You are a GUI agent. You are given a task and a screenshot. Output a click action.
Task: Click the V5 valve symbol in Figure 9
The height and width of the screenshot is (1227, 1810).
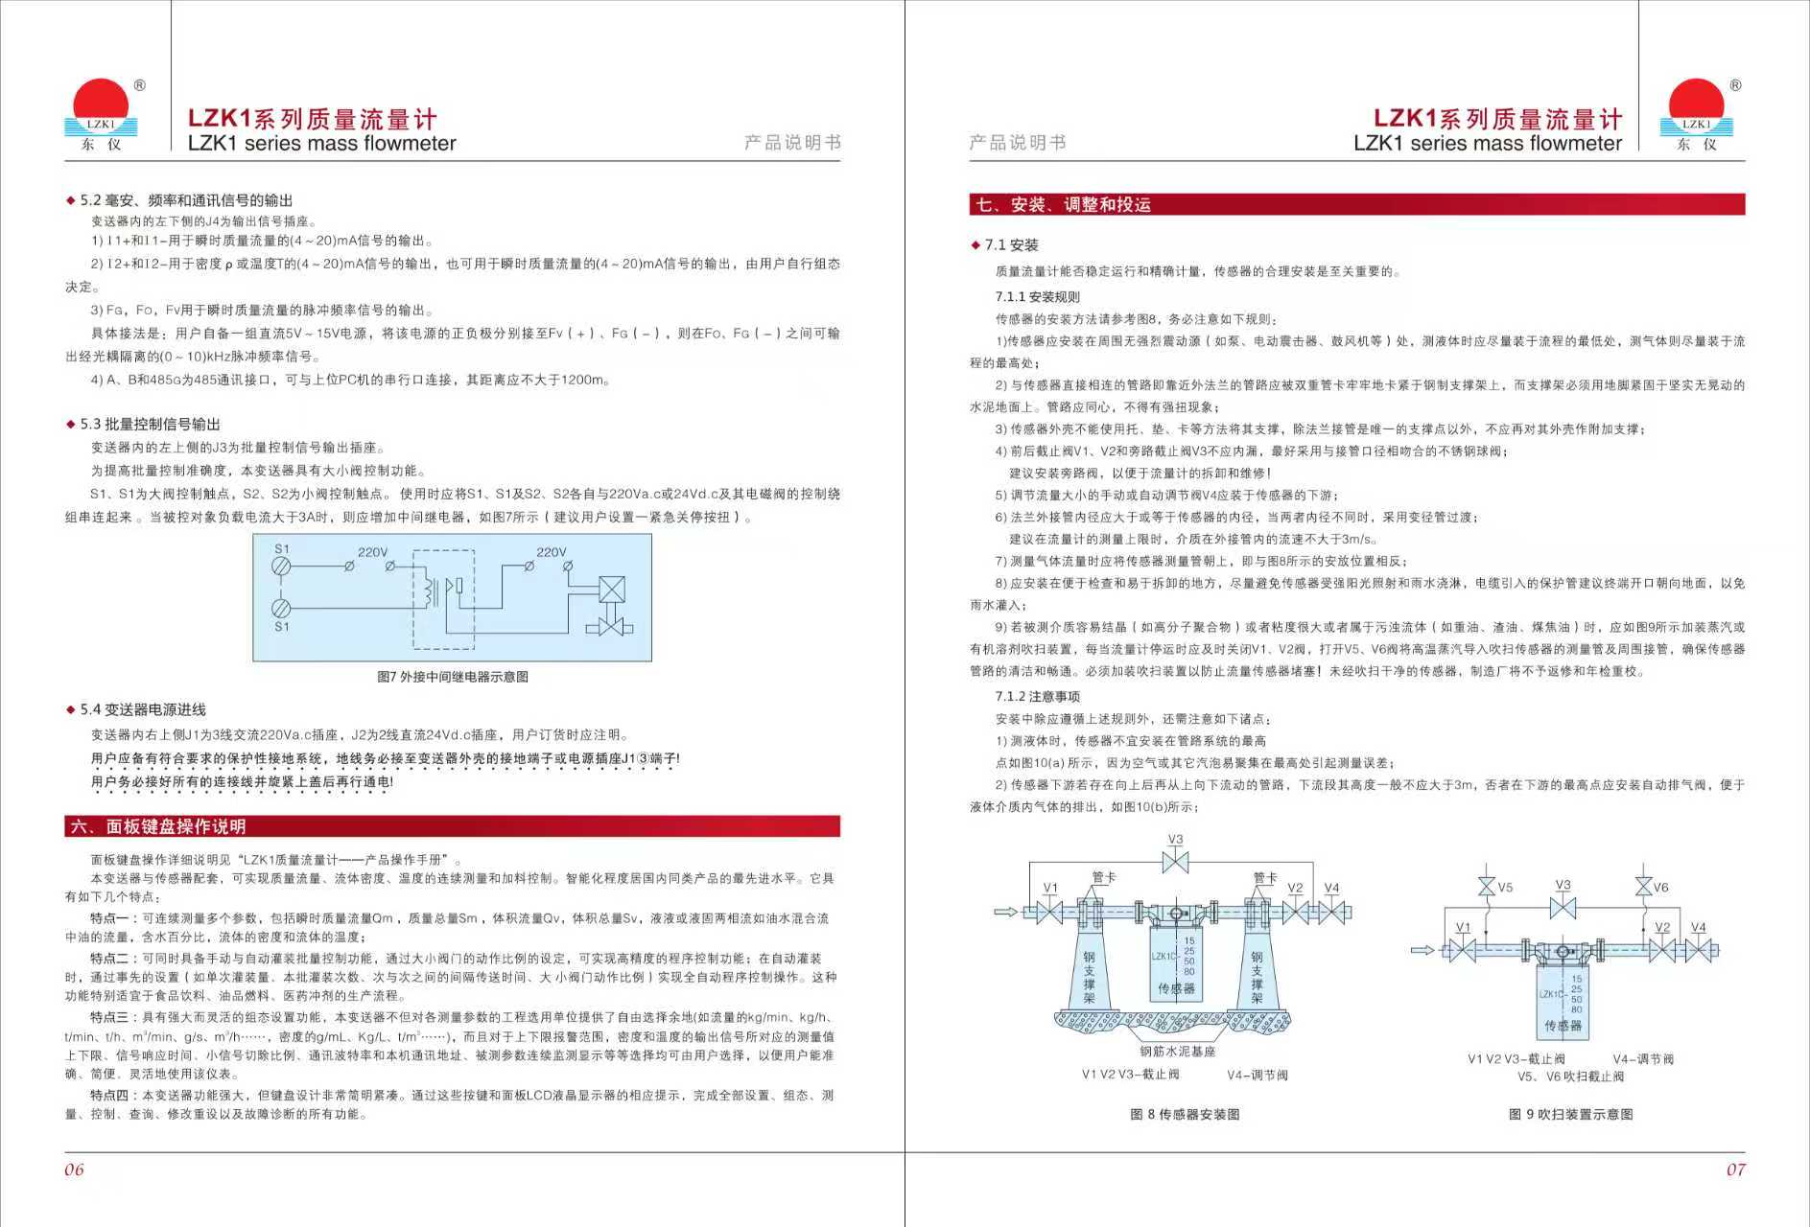1487,886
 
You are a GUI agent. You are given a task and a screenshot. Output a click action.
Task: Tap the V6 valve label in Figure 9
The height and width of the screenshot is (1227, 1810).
1660,888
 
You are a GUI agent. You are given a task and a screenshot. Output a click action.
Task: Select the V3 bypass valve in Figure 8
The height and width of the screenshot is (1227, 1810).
1175,862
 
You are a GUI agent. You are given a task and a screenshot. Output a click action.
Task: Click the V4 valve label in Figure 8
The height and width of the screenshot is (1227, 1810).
1331,889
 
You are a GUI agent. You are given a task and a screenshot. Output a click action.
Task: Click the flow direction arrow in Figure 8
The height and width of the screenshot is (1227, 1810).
1005,911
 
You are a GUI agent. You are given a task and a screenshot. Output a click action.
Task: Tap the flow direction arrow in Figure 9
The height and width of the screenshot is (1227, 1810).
1422,950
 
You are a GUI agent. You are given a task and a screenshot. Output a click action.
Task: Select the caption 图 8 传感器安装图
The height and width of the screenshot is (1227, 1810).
1185,1114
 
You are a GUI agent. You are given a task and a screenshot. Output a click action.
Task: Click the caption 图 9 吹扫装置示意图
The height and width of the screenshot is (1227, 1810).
1570,1114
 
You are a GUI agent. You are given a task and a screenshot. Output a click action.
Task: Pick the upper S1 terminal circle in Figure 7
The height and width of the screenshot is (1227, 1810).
281,567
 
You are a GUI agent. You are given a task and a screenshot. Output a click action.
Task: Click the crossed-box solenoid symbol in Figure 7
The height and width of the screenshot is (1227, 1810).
611,590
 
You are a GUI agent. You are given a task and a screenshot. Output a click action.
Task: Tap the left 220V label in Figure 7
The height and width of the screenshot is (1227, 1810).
372,552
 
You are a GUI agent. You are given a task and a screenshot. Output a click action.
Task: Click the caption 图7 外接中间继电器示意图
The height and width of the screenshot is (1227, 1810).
452,677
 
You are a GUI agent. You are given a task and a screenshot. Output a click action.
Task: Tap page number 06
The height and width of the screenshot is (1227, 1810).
74,1169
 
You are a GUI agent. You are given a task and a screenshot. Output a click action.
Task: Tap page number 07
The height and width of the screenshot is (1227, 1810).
1735,1169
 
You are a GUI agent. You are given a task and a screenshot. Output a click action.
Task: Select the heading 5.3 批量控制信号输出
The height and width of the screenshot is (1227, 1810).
150,424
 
